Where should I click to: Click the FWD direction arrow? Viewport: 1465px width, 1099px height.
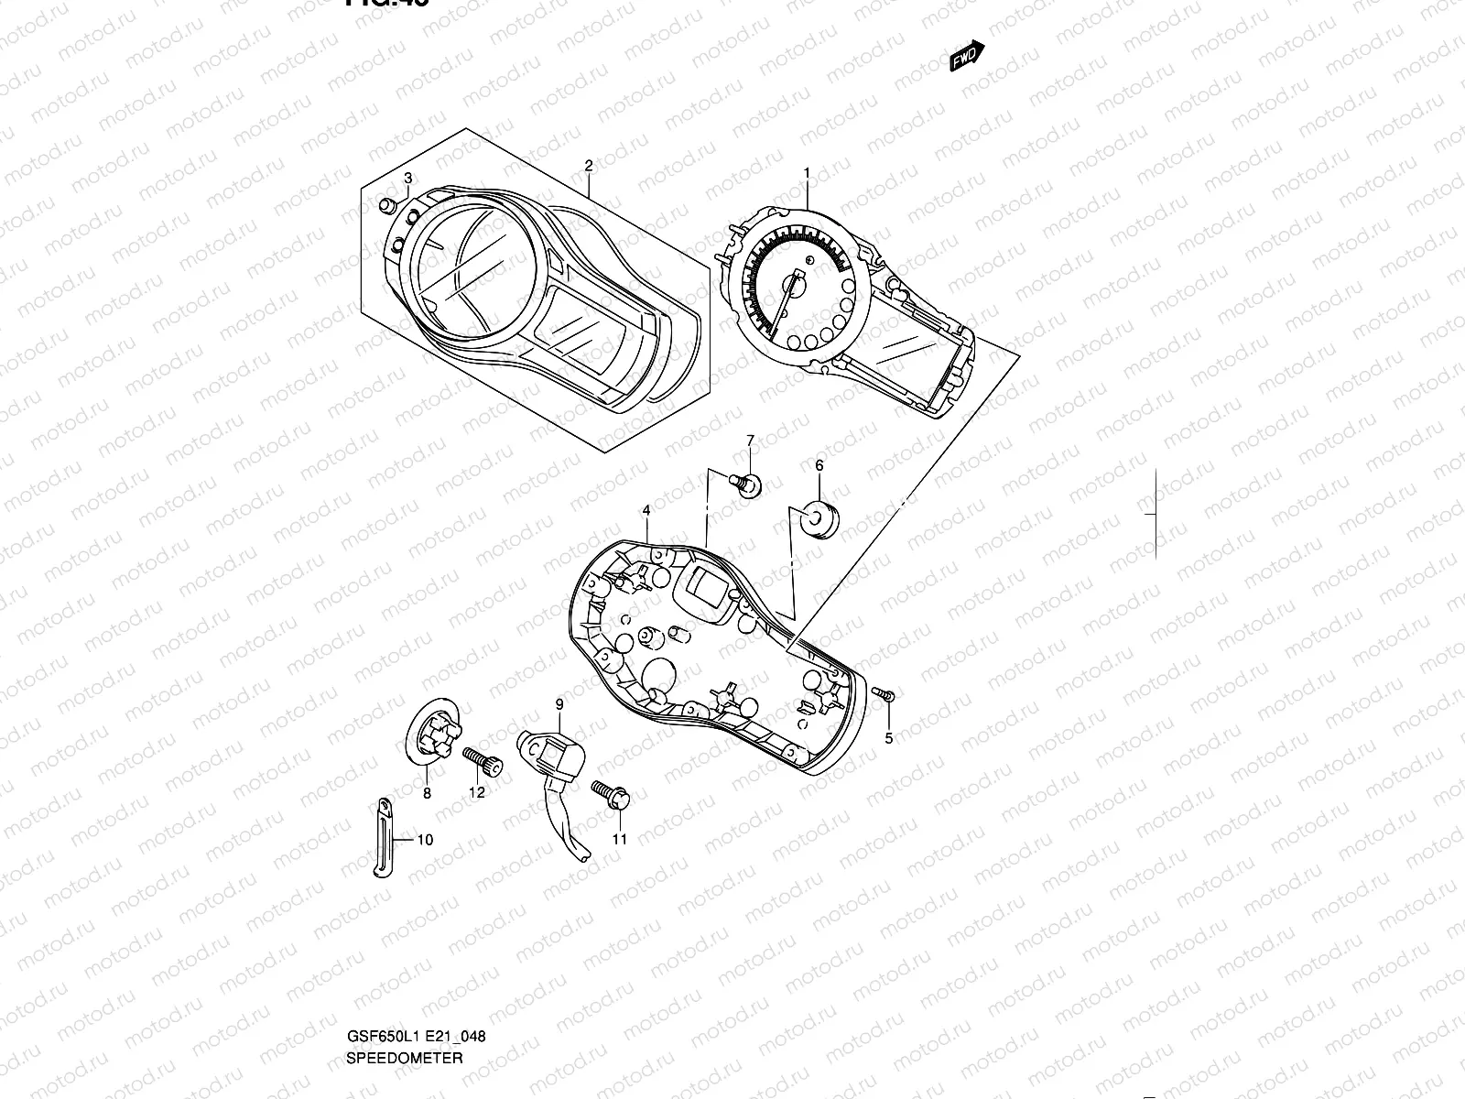pyautogui.click(x=967, y=58)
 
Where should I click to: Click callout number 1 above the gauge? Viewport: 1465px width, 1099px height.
pyautogui.click(x=807, y=172)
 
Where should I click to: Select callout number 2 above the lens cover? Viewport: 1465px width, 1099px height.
pyautogui.click(x=588, y=166)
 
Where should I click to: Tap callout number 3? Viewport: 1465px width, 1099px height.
pyautogui.click(x=407, y=178)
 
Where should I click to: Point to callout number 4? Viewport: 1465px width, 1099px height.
pyautogui.click(x=646, y=510)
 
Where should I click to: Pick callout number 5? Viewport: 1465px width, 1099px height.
pyautogui.click(x=887, y=739)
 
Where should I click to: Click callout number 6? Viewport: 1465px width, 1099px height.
pyautogui.click(x=819, y=466)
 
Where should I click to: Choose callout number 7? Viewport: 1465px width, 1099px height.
pyautogui.click(x=750, y=441)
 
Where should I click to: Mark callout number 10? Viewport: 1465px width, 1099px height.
pyautogui.click(x=425, y=840)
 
